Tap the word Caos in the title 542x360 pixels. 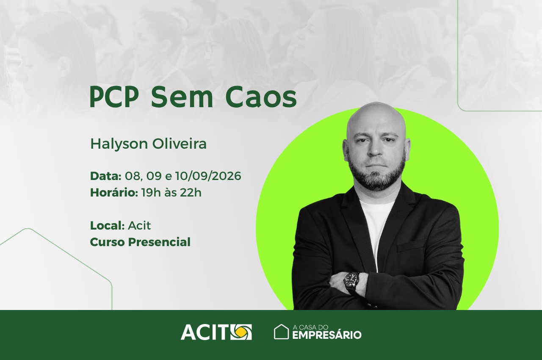(x=261, y=97)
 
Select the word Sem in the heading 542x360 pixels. (x=182, y=97)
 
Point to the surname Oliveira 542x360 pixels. (x=179, y=144)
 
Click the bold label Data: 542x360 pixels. (x=106, y=176)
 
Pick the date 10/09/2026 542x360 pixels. (x=208, y=176)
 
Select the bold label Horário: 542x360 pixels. (x=114, y=193)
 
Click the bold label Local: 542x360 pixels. (x=108, y=225)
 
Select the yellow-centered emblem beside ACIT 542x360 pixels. (x=241, y=332)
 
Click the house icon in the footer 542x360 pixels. (x=282, y=332)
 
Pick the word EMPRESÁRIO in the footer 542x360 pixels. (x=327, y=335)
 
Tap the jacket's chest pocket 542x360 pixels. (x=411, y=246)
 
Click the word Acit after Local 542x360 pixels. (x=139, y=225)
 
